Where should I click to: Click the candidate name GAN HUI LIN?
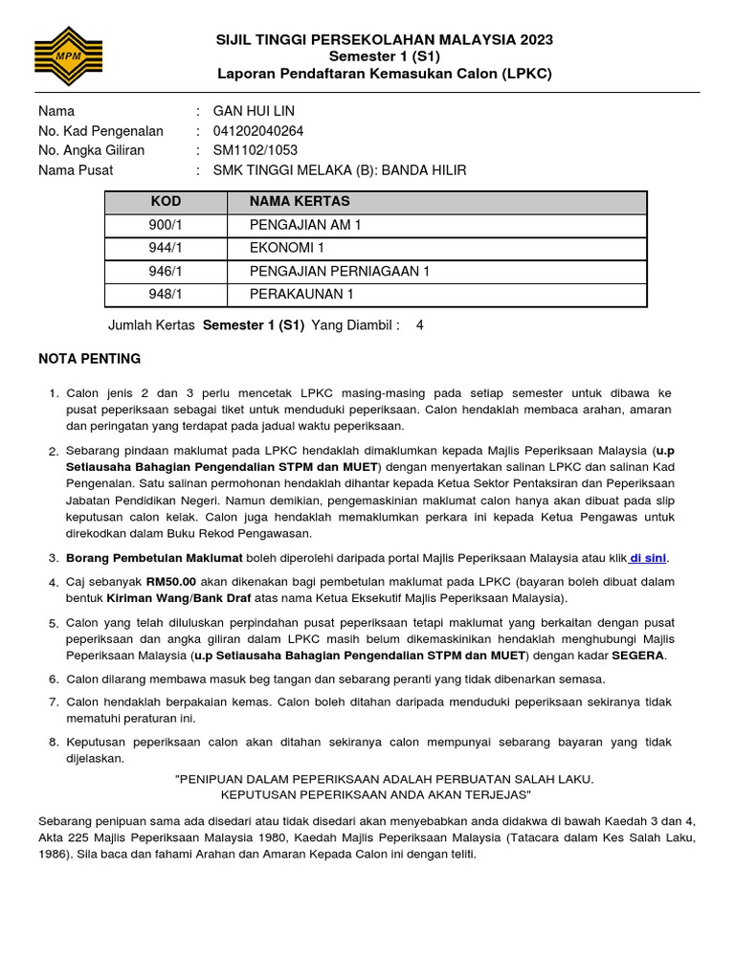(x=254, y=111)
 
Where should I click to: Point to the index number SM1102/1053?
(x=255, y=150)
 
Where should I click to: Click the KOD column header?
(x=166, y=202)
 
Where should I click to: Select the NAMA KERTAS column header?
(x=300, y=202)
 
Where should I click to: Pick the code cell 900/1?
(x=166, y=226)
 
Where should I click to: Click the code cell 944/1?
(x=166, y=249)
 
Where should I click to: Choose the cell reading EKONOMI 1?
(x=280, y=249)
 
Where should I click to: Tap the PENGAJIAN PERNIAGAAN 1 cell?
(x=340, y=272)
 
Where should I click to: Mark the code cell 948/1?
(x=166, y=295)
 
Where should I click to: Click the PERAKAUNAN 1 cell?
(x=301, y=295)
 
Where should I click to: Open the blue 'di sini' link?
(x=648, y=558)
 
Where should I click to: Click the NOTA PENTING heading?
(x=89, y=359)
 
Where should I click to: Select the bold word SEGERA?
(x=638, y=656)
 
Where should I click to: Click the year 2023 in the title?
(x=536, y=39)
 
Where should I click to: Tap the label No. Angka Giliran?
(x=91, y=150)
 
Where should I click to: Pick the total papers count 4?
(x=419, y=325)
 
